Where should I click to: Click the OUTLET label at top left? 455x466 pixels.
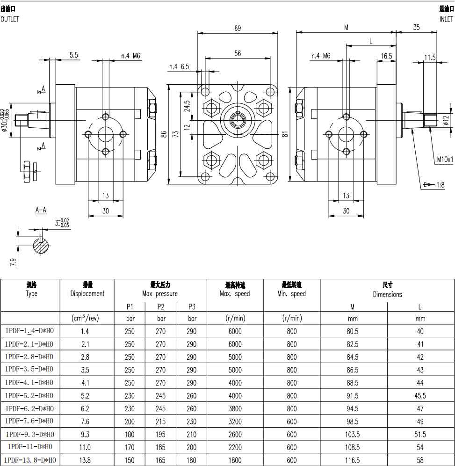click(x=10, y=20)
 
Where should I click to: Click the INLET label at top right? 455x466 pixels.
click(x=446, y=20)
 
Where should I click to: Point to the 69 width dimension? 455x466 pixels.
click(x=238, y=29)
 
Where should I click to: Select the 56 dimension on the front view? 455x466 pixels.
click(x=238, y=53)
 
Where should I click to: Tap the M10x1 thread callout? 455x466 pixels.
click(x=445, y=160)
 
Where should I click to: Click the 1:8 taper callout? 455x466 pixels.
click(x=440, y=185)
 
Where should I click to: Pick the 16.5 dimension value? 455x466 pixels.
click(x=386, y=56)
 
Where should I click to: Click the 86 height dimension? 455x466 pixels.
click(x=164, y=134)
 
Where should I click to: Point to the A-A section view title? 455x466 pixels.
click(x=41, y=210)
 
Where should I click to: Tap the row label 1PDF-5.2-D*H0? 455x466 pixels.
click(x=29, y=395)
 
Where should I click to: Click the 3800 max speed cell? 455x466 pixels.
click(x=235, y=408)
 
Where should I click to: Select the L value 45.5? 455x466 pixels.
click(x=420, y=395)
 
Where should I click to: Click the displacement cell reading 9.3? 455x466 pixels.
click(x=85, y=434)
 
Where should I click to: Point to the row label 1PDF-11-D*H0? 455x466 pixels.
click(x=29, y=447)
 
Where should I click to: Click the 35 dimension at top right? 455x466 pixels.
click(x=416, y=28)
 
